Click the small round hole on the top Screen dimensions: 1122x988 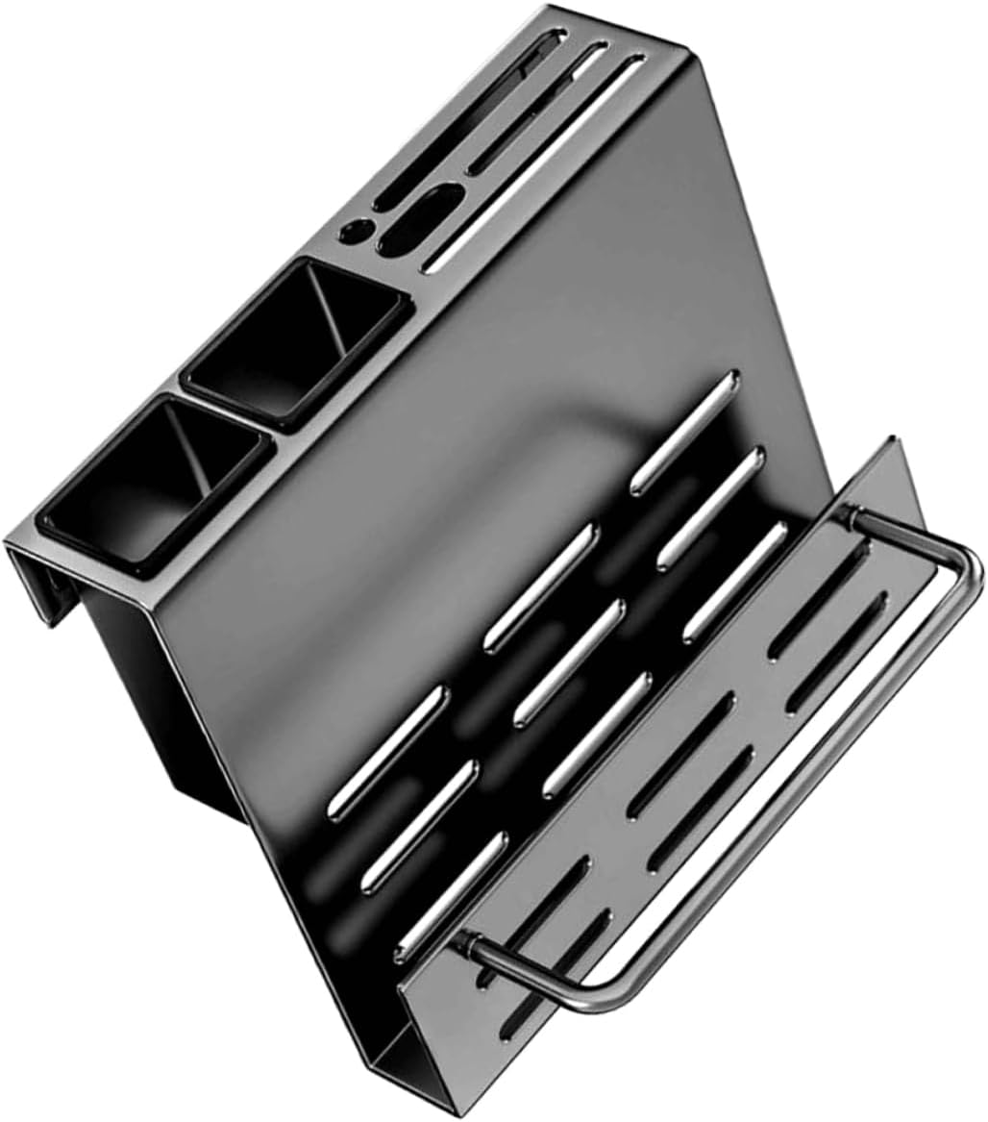358,231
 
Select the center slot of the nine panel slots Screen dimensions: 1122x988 569,662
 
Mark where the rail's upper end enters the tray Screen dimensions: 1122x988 850,518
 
